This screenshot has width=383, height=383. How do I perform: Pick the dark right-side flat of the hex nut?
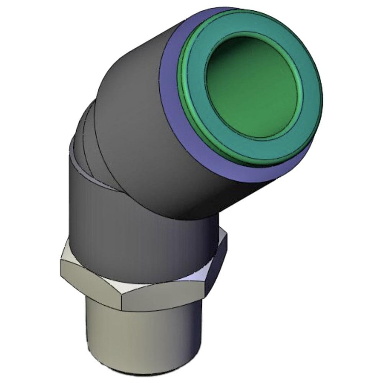point(218,264)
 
